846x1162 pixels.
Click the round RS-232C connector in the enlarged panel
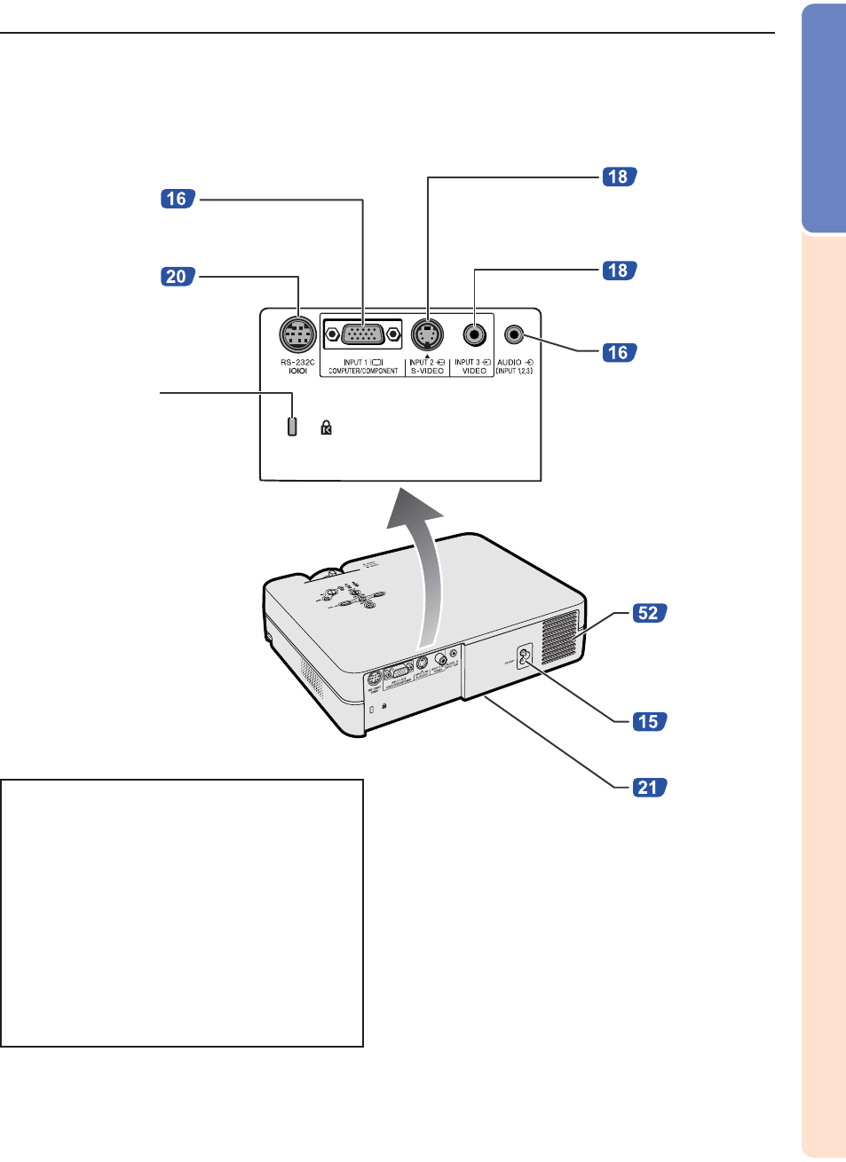(297, 335)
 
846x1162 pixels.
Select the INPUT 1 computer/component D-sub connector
(362, 335)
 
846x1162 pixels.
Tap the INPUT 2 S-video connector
(427, 335)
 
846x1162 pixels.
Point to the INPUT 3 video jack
(474, 335)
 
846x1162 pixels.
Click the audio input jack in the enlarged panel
(515, 334)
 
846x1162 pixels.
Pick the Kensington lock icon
(326, 428)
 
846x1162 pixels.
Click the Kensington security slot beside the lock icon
(292, 426)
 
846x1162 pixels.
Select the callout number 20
(177, 277)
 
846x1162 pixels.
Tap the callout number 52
(649, 613)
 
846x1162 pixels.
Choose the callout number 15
(649, 721)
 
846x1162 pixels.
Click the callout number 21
(649, 787)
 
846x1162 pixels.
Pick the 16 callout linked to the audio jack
(618, 352)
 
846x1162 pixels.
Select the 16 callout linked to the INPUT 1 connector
(177, 199)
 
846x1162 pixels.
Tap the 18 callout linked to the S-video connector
(618, 177)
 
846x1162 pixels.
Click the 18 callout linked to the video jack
(618, 270)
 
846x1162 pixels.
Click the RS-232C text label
(297, 363)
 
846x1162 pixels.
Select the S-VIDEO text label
(427, 371)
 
